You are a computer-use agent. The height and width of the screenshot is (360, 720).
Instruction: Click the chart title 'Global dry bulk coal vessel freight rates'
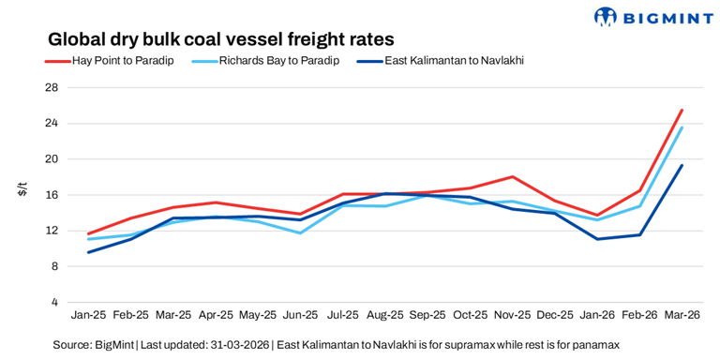pyautogui.click(x=220, y=39)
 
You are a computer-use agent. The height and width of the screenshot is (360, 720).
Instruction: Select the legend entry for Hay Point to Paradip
pyautogui.click(x=110, y=61)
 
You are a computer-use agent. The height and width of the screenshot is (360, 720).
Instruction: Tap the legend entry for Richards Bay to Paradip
pyautogui.click(x=265, y=61)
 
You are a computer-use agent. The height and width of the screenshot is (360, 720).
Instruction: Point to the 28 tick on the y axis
pyautogui.click(x=52, y=87)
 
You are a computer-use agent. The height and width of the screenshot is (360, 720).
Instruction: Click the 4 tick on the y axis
pyautogui.click(x=54, y=302)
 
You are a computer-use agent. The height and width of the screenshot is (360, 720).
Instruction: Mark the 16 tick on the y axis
pyautogui.click(x=52, y=195)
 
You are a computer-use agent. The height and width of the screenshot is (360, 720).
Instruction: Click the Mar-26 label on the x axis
pyautogui.click(x=681, y=316)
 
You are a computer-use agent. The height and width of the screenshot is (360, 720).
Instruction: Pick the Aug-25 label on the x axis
pyautogui.click(x=385, y=316)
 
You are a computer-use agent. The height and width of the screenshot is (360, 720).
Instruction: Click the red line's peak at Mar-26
pyautogui.click(x=681, y=110)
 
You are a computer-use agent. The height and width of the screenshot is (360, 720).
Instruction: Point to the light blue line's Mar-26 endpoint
pyautogui.click(x=681, y=127)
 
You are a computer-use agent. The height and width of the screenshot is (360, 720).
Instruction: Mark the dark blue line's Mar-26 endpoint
pyautogui.click(x=681, y=166)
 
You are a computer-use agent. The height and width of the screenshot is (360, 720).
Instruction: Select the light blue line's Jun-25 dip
pyautogui.click(x=301, y=232)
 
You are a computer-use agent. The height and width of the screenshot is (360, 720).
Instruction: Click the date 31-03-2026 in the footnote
pyautogui.click(x=242, y=345)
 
